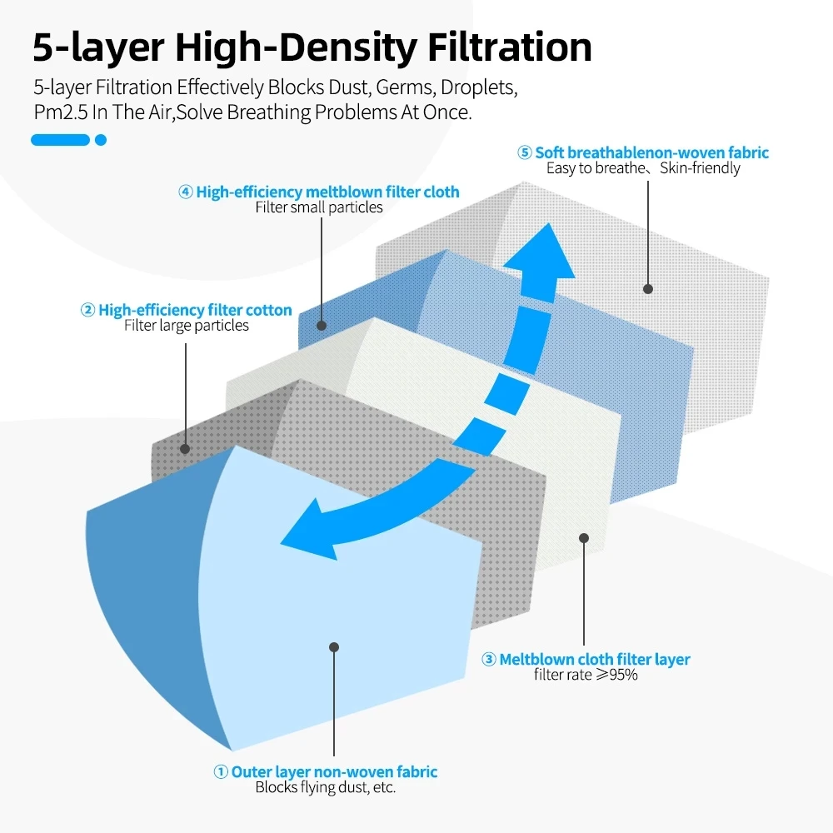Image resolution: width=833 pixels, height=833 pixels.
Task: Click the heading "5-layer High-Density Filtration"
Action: [x=312, y=47]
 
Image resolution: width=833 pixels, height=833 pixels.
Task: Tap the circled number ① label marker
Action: [x=221, y=772]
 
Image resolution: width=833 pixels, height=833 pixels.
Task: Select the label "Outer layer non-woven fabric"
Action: [x=334, y=772]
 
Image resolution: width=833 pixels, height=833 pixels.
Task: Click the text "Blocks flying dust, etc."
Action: [x=325, y=787]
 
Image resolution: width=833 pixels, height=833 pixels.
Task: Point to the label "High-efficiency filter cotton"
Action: [x=195, y=311]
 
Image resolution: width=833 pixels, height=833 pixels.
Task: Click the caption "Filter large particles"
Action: [x=187, y=326]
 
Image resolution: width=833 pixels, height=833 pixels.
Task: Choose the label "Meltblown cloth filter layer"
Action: [x=594, y=660]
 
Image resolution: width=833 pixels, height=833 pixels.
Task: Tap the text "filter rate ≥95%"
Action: [x=586, y=675]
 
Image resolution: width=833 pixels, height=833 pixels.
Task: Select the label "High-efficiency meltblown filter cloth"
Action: [x=327, y=192]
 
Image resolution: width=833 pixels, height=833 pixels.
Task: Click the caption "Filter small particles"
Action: [x=319, y=207]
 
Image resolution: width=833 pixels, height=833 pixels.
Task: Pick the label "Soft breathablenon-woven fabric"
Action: [x=651, y=152]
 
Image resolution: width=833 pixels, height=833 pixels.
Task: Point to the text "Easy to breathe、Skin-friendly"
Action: [x=643, y=168]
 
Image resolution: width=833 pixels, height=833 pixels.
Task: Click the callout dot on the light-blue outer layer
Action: [x=334, y=646]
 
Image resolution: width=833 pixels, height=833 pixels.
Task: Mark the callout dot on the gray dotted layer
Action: [x=185, y=449]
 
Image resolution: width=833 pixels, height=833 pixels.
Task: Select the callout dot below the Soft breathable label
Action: [x=648, y=288]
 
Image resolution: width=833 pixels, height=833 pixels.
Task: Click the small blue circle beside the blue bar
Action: [x=101, y=140]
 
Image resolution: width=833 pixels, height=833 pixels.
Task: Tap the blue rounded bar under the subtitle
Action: [x=60, y=140]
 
